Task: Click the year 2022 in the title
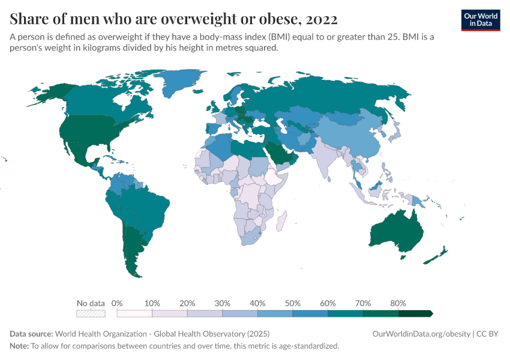click(322, 19)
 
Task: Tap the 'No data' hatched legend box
click(91, 313)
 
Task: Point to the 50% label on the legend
click(292, 303)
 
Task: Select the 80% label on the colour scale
click(398, 303)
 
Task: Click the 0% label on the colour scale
click(117, 303)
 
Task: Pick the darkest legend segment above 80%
click(415, 313)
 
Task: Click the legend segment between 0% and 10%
click(134, 313)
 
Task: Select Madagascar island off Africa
click(281, 221)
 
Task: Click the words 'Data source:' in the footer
click(31, 334)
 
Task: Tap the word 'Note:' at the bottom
click(19, 346)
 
